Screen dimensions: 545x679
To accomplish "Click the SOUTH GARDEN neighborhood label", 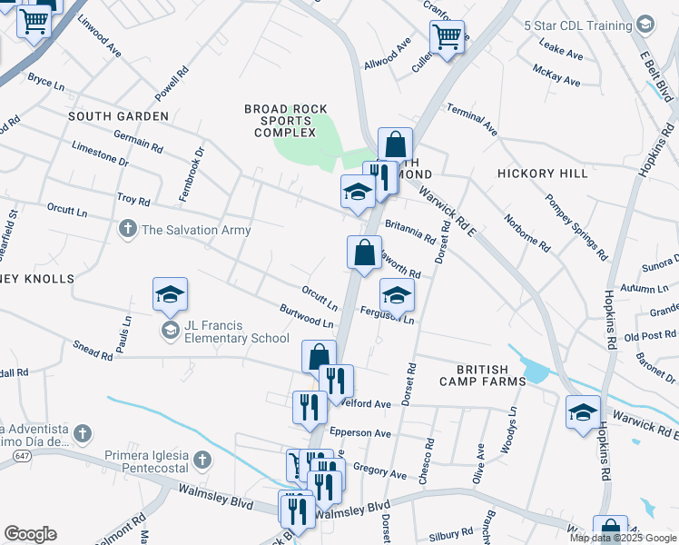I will [x=118, y=116].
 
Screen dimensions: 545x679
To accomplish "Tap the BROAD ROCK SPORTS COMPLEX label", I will [x=286, y=121].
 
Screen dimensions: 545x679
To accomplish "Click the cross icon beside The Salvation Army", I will [x=128, y=230].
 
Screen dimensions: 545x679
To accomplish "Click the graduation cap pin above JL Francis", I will [x=170, y=294].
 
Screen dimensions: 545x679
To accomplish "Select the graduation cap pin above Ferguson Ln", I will [x=396, y=294].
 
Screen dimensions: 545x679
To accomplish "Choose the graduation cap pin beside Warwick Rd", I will [x=583, y=411].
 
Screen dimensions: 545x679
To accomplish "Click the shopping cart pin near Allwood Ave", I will [x=447, y=37].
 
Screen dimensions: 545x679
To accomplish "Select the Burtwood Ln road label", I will [x=307, y=317].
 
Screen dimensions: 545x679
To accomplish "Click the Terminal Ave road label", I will [x=471, y=118].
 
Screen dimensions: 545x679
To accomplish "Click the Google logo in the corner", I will [x=30, y=534].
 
